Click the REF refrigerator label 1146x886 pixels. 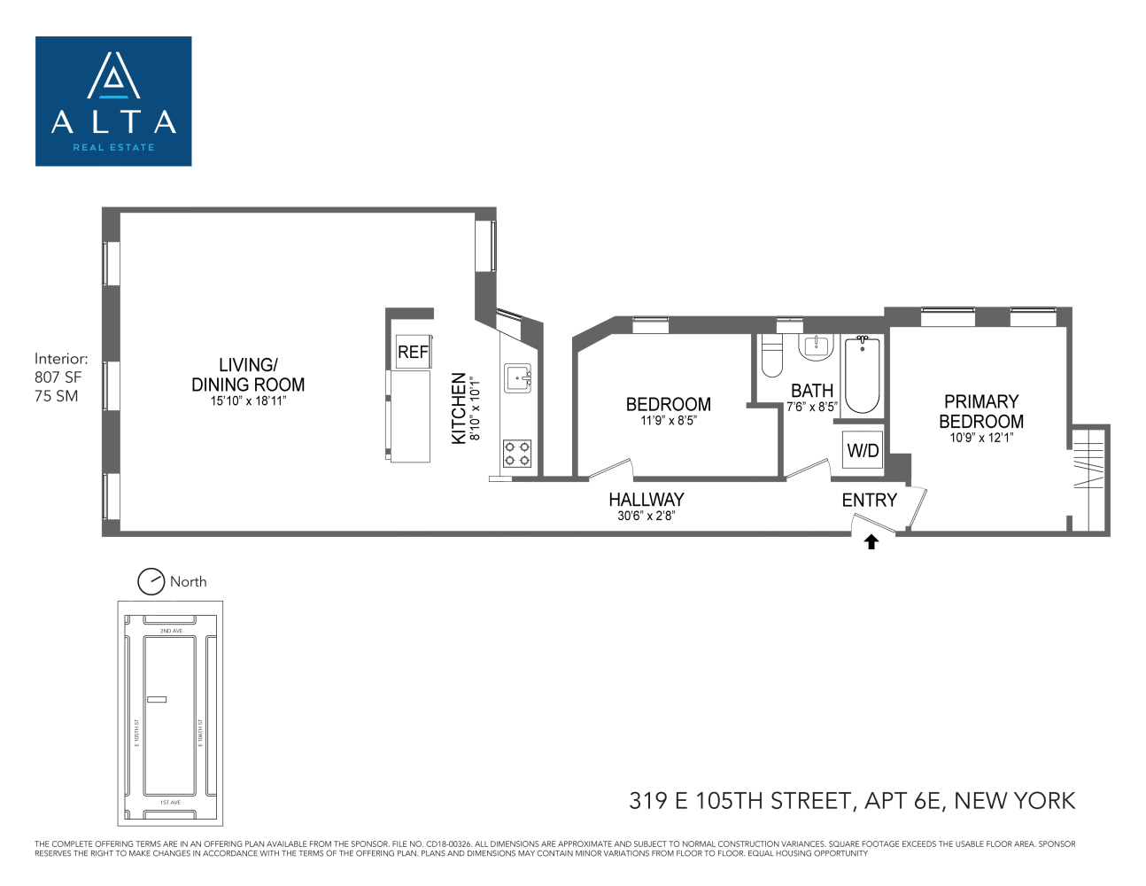pyautogui.click(x=413, y=352)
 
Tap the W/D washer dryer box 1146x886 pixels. pyautogui.click(x=863, y=450)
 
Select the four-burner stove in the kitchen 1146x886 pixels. pyautogui.click(x=517, y=454)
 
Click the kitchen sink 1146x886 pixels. pyautogui.click(x=518, y=378)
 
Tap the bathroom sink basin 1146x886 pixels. pyautogui.click(x=817, y=346)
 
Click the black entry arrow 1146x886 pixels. pyautogui.click(x=871, y=541)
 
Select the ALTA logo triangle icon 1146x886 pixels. pyautogui.click(x=113, y=76)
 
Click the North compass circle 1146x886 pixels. pyautogui.click(x=151, y=581)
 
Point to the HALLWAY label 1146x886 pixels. pyautogui.click(x=647, y=500)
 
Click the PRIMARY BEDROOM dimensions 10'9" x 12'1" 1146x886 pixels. pyautogui.click(x=981, y=438)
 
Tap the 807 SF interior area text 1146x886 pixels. pyautogui.click(x=58, y=377)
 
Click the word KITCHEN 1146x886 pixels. pyautogui.click(x=459, y=408)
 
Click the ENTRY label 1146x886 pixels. pyautogui.click(x=869, y=501)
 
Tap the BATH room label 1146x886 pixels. pyautogui.click(x=811, y=391)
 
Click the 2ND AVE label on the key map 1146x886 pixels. pyautogui.click(x=171, y=631)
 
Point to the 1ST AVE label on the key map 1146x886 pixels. pyautogui.click(x=170, y=802)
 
